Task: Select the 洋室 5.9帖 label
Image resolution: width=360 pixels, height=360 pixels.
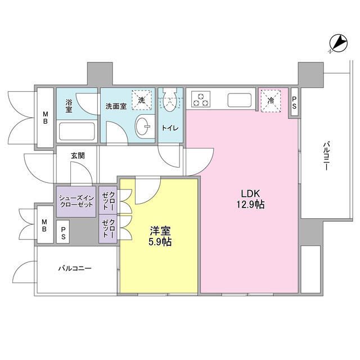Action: [160, 236]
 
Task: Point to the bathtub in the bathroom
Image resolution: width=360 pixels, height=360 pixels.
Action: [77, 130]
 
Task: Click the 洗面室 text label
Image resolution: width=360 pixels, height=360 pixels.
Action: [116, 105]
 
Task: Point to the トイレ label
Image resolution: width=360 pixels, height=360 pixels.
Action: [171, 128]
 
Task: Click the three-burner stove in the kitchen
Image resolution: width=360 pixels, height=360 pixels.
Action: [200, 100]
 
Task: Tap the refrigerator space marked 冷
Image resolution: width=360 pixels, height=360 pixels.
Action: [271, 101]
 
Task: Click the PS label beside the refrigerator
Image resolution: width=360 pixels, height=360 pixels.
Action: [295, 103]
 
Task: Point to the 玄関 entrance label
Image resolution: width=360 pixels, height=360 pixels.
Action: [78, 155]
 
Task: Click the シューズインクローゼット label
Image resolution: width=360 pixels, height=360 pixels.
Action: [76, 201]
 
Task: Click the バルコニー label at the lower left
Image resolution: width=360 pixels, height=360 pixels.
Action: [74, 268]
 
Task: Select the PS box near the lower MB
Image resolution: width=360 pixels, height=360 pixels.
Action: [64, 233]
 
